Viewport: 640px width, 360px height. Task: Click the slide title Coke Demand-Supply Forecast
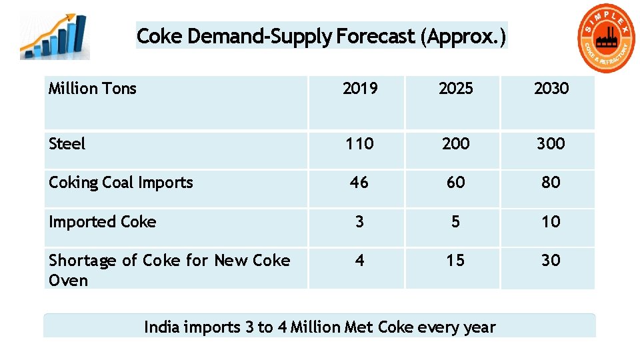(321, 35)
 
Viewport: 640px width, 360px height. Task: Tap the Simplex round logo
(607, 39)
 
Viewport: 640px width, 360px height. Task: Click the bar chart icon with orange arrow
(55, 37)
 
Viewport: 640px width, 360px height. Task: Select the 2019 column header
(359, 89)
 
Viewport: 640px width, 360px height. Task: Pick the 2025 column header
(455, 89)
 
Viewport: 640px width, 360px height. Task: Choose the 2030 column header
(551, 89)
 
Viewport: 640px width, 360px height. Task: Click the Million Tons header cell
(93, 89)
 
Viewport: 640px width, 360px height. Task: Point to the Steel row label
(67, 143)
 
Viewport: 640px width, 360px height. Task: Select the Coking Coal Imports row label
(121, 183)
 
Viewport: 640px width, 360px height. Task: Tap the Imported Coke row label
(102, 222)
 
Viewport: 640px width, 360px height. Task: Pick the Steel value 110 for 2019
(359, 143)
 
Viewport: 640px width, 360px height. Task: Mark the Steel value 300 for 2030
(551, 143)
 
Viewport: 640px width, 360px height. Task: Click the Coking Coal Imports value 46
(359, 182)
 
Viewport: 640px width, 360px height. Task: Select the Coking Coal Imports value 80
(551, 182)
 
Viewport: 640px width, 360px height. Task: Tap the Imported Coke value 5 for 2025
(455, 221)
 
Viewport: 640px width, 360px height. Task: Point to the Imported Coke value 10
(551, 221)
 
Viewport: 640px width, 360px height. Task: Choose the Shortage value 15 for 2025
(455, 260)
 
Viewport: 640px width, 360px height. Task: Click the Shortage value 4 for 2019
(359, 260)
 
